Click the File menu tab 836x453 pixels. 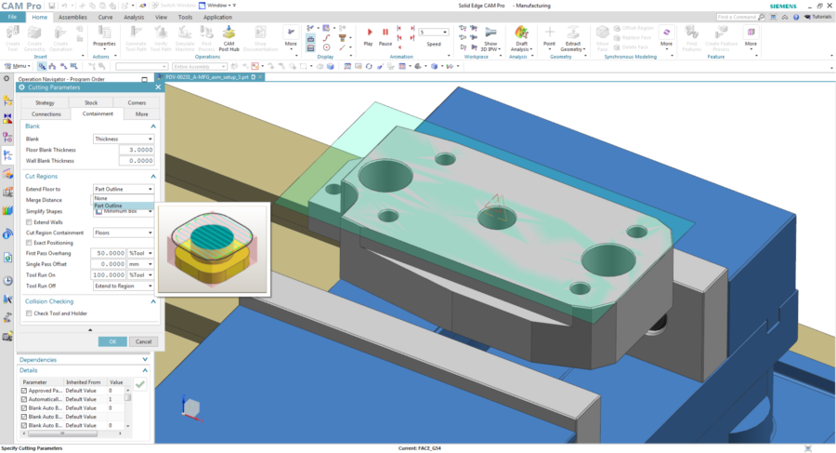click(x=12, y=17)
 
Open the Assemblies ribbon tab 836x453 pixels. click(x=72, y=17)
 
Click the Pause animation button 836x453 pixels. click(x=385, y=36)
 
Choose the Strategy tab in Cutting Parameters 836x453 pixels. click(x=45, y=102)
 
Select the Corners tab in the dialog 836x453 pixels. click(x=137, y=102)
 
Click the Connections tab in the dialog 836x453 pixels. click(x=45, y=113)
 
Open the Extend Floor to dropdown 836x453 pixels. click(x=124, y=189)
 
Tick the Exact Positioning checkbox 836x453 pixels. click(x=29, y=243)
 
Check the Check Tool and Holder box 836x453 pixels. click(x=29, y=313)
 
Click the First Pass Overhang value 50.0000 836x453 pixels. click(x=110, y=253)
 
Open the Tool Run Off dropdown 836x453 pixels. click(x=124, y=286)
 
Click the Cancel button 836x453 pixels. click(x=140, y=341)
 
